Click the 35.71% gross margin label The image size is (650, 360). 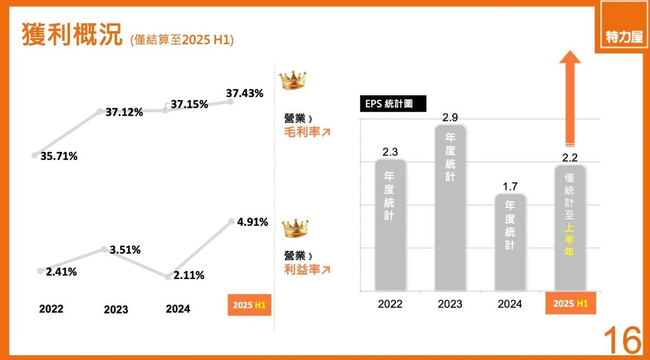pyautogui.click(x=59, y=156)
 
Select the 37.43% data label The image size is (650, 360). pyautogui.click(x=244, y=94)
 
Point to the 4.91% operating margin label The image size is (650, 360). pyautogui.click(x=252, y=222)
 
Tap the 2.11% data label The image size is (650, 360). pyautogui.click(x=189, y=276)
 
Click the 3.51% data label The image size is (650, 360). pyautogui.click(x=125, y=250)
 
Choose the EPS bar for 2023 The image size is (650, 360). pyautogui.click(x=450, y=208)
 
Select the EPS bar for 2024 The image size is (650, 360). pyautogui.click(x=510, y=242)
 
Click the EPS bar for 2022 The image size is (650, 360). pyautogui.click(x=390, y=225)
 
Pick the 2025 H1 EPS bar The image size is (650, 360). pyautogui.click(x=570, y=227)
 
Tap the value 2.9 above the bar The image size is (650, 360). pyautogui.click(x=450, y=118)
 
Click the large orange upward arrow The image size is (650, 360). pyautogui.click(x=570, y=96)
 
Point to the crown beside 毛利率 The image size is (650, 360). pyautogui.click(x=292, y=81)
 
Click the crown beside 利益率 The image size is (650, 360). pyautogui.click(x=295, y=229)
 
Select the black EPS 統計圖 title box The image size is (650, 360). pyautogui.click(x=393, y=104)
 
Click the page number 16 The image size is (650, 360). pyautogui.click(x=623, y=341)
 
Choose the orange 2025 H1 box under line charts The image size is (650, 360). pyautogui.click(x=249, y=305)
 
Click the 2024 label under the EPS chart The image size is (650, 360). pyautogui.click(x=509, y=304)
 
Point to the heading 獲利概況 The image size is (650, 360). pyautogui.click(x=72, y=35)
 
